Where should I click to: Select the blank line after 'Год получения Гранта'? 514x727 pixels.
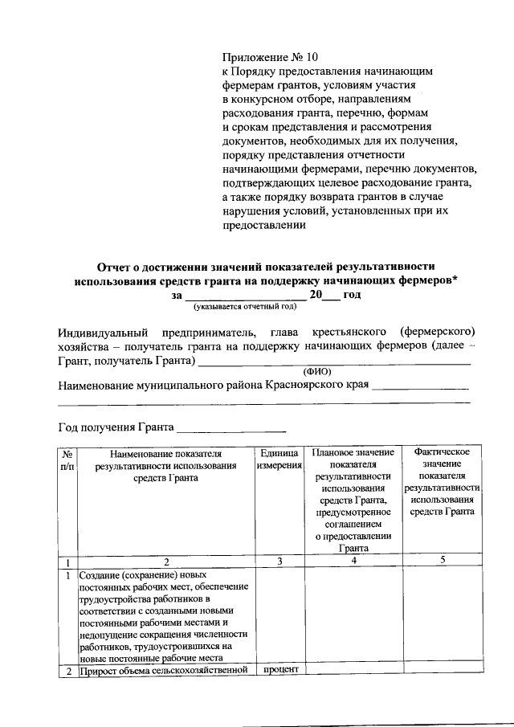(x=231, y=427)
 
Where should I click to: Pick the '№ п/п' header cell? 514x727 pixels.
(x=67, y=459)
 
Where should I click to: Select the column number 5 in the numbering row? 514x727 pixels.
(x=443, y=560)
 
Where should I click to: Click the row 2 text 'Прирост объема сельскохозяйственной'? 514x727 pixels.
(x=164, y=671)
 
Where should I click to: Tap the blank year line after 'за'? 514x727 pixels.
(x=245, y=295)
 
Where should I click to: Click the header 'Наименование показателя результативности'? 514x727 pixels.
(x=165, y=459)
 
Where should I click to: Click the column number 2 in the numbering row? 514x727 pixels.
(x=165, y=562)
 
